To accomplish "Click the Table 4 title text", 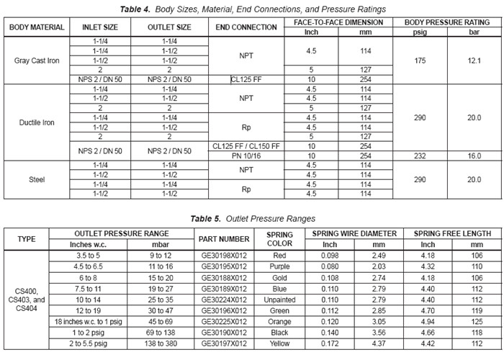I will tap(252, 9).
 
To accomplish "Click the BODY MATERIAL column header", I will tap(37, 27).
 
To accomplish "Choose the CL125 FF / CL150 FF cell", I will tap(246, 145).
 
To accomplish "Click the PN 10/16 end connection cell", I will tap(246, 154).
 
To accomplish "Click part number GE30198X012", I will tap(223, 255).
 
